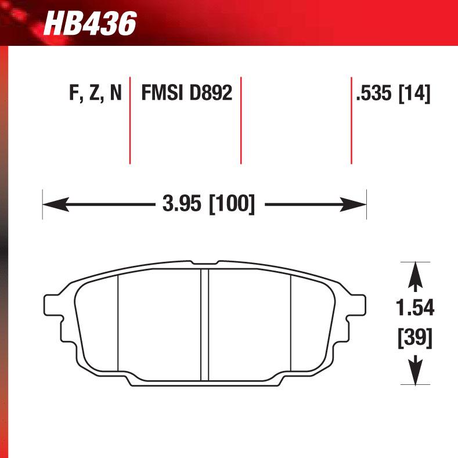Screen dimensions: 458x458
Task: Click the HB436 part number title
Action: point(89,24)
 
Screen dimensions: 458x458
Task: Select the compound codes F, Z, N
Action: point(95,93)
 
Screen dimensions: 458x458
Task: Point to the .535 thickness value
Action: point(374,93)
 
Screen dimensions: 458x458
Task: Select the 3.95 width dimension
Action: point(178,204)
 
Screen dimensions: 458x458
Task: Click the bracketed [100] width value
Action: point(232,204)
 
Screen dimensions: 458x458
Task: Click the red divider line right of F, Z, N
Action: point(129,120)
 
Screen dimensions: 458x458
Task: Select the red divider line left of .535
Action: point(351,120)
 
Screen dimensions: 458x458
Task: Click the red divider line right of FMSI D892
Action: point(240,120)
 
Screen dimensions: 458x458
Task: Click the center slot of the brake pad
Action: point(204,325)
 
